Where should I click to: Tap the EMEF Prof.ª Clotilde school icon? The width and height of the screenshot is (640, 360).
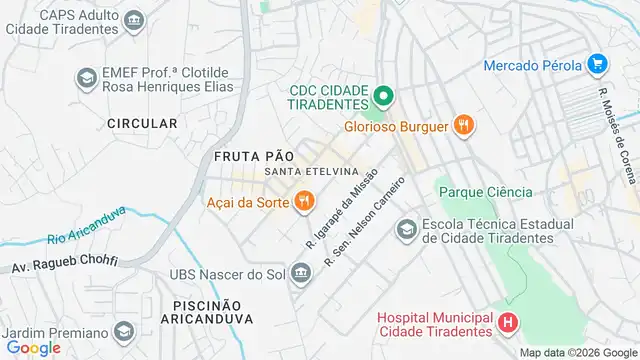[87, 77]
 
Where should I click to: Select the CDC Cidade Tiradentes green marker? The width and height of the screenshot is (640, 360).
[381, 97]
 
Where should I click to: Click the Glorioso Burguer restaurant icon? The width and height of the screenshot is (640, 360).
[462, 126]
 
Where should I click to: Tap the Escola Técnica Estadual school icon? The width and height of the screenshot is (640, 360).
[406, 231]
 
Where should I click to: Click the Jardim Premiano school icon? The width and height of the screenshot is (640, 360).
[124, 331]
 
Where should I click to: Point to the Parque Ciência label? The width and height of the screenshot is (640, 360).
[485, 192]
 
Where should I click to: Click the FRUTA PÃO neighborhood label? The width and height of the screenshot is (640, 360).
[254, 156]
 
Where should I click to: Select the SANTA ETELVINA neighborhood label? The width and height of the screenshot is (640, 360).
[311, 172]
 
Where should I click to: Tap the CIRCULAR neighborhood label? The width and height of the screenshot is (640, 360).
[143, 123]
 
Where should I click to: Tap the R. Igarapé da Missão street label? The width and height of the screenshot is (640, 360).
[340, 209]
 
